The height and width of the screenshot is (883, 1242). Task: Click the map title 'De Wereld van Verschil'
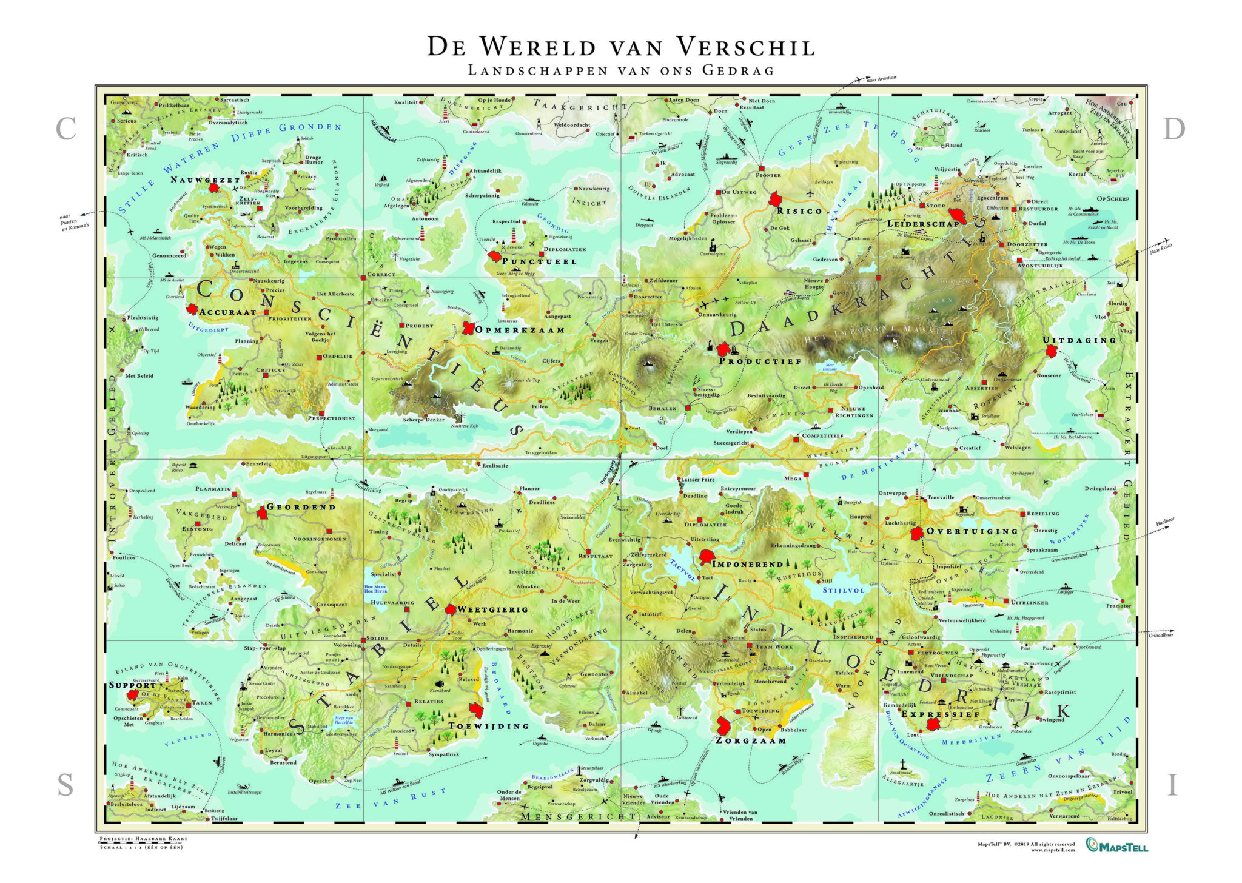coord(620,47)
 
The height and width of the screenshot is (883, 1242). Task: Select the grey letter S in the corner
coord(65,786)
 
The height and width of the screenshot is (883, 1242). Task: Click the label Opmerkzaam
coord(520,330)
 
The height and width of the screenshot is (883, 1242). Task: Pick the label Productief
coord(760,361)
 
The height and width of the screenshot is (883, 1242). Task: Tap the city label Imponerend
coord(747,564)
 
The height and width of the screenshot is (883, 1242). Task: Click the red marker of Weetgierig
coord(451,609)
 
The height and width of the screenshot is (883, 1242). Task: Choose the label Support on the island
coord(133,685)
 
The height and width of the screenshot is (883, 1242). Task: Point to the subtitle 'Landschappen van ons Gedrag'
coord(620,70)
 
